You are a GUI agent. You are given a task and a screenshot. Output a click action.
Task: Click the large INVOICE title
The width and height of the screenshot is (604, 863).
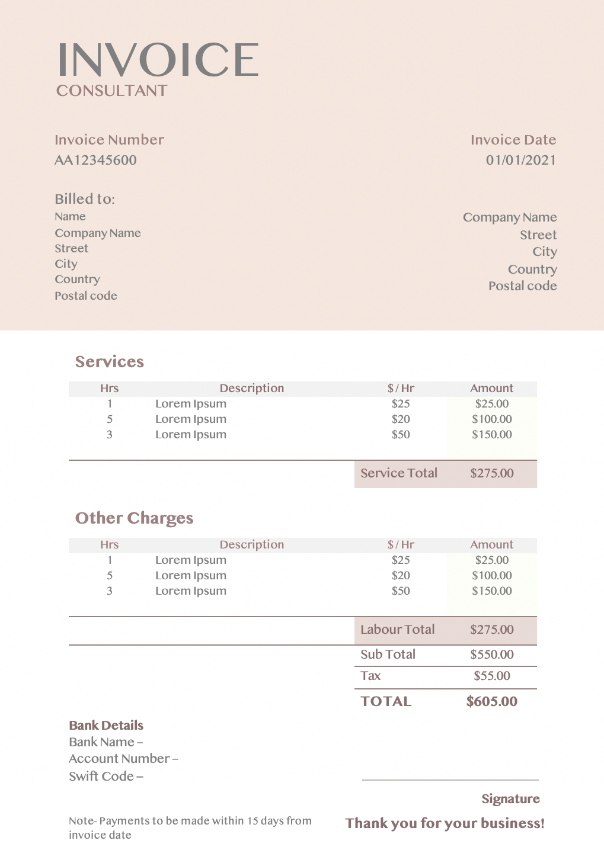[158, 60]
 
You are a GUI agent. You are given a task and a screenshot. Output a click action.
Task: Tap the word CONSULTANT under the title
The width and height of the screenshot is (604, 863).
[111, 91]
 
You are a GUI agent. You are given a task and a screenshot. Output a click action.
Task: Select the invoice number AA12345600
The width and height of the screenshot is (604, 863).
[95, 160]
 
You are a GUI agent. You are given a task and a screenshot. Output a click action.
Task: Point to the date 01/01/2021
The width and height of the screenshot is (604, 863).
[521, 160]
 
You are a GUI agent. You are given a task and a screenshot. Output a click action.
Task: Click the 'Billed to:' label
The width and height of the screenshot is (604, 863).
[85, 199]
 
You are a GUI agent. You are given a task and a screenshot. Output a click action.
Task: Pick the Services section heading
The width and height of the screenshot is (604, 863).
[109, 362]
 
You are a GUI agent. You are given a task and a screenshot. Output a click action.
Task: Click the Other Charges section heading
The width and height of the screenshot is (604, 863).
[134, 518]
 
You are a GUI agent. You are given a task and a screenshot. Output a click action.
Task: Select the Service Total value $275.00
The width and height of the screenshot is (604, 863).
[491, 473]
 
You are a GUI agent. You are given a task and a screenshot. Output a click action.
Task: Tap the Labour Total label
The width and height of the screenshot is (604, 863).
[397, 630]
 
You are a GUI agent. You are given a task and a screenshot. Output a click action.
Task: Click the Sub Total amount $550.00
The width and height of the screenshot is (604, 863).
[491, 655]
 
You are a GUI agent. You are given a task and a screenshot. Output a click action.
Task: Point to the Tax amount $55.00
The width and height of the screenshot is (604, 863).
[491, 676]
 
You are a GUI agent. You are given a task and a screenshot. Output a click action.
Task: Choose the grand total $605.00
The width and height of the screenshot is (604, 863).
[491, 701]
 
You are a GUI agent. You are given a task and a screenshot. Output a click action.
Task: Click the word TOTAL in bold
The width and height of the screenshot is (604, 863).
[386, 701]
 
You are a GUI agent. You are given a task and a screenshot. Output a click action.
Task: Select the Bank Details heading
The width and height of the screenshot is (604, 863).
[106, 726]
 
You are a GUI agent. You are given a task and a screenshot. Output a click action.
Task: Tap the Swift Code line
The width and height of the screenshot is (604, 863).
[106, 776]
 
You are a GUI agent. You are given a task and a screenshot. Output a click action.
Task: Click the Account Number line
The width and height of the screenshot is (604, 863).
[123, 759]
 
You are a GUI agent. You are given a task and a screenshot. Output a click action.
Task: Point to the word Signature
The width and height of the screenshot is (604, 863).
[510, 799]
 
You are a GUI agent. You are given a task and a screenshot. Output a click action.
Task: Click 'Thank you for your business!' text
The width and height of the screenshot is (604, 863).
[445, 823]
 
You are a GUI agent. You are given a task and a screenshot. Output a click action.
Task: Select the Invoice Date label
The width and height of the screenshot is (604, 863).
[513, 140]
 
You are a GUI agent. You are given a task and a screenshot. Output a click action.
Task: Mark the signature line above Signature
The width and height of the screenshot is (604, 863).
[450, 780]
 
